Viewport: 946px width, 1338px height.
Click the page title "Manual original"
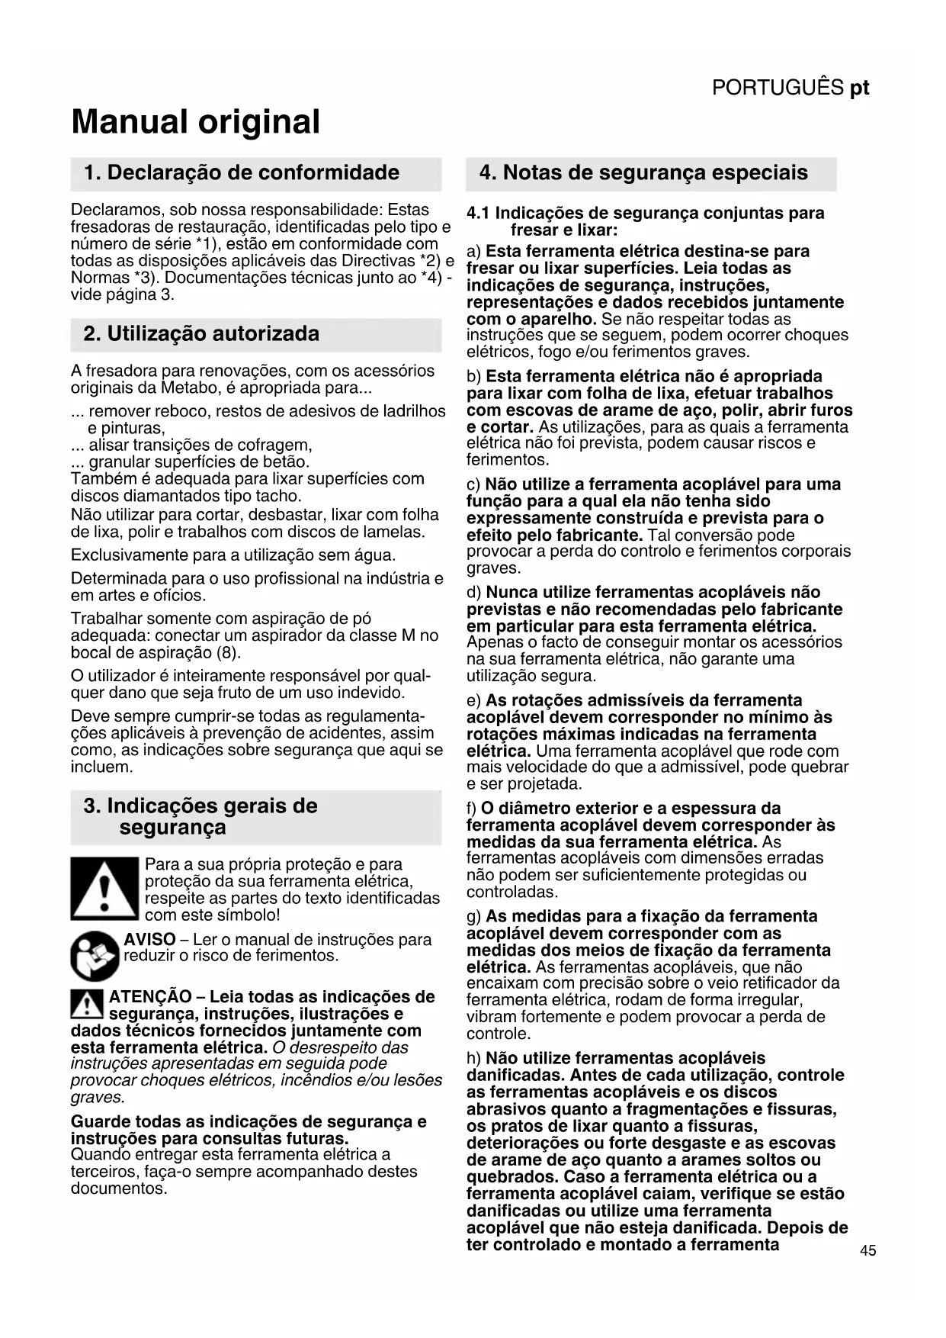(195, 122)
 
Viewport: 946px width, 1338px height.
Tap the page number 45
(867, 1250)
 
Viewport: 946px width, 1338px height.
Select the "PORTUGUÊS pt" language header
(790, 88)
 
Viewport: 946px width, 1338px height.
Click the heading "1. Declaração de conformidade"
(242, 172)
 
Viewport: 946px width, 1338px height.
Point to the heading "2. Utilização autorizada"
(201, 334)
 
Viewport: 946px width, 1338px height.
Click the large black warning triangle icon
(104, 888)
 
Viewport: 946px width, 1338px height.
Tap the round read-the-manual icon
(95, 955)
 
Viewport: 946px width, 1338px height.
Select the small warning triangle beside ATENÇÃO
(86, 1005)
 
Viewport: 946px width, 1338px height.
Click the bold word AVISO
(150, 940)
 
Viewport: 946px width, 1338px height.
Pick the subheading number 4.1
(478, 213)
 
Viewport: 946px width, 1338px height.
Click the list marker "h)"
(473, 1058)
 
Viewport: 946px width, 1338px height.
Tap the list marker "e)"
(473, 700)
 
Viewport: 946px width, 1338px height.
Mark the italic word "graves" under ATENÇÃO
(98, 1097)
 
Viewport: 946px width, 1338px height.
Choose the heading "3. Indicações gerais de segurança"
(200, 816)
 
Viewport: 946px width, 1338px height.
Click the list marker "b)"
(473, 376)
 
